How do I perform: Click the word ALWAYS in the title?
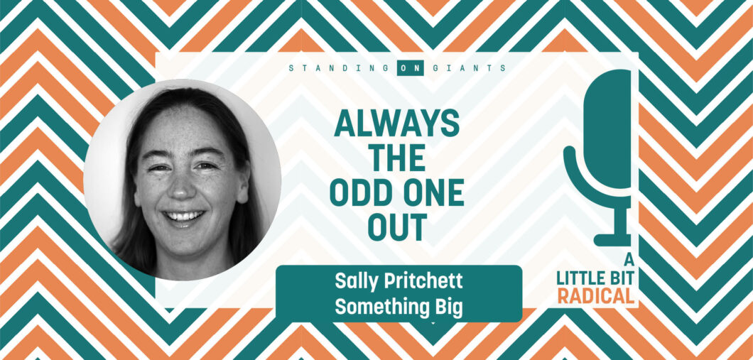coord(397,123)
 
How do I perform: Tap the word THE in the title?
coord(397,158)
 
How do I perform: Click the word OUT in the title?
coord(397,227)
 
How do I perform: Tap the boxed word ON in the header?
coord(411,68)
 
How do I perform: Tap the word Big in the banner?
coord(448,307)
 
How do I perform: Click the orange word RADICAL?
coord(596,296)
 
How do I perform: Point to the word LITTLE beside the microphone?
coord(577,278)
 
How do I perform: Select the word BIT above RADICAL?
coord(619,278)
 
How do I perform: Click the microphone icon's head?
coord(608,129)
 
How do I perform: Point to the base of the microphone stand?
coord(613,239)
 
